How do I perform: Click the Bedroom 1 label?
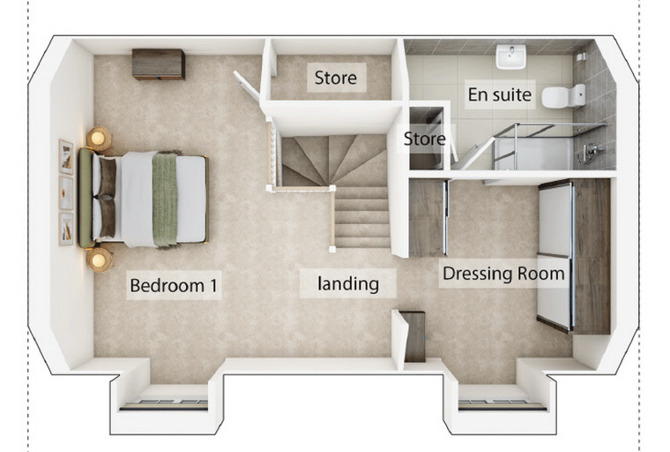[x=174, y=285]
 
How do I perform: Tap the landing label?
[x=348, y=283]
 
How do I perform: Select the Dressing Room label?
[x=503, y=274]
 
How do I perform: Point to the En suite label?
[x=500, y=94]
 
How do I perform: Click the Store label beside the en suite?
[x=424, y=139]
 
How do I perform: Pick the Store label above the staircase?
[x=335, y=78]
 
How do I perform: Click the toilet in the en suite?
[x=563, y=96]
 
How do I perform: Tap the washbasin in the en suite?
[x=510, y=56]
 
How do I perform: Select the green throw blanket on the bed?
[x=165, y=200]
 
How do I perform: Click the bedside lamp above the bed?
[x=99, y=139]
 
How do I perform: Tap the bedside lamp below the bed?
[x=100, y=260]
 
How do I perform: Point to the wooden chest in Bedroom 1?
[x=159, y=64]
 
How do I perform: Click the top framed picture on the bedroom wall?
[x=66, y=156]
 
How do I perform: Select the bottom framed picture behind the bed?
[x=66, y=229]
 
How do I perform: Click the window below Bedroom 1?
[x=164, y=404]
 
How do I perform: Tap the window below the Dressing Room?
[x=502, y=404]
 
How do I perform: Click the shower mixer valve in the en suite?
[x=591, y=153]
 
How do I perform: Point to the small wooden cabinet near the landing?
[x=414, y=337]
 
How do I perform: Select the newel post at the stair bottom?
[x=332, y=249]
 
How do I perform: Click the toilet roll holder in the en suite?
[x=581, y=56]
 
